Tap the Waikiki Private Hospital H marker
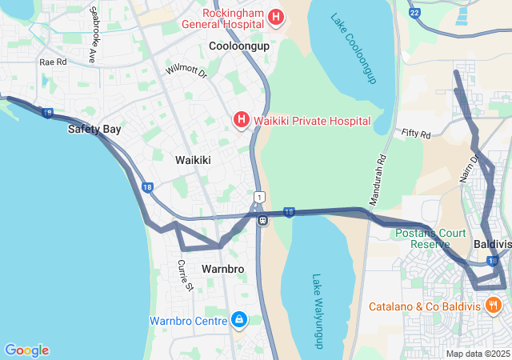pyautogui.click(x=241, y=121)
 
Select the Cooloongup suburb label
pyautogui.click(x=239, y=46)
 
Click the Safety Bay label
pyautogui.click(x=94, y=129)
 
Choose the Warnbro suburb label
pyautogui.click(x=222, y=269)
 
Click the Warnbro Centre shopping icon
pyautogui.click(x=238, y=321)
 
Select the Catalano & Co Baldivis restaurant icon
pyautogui.click(x=493, y=306)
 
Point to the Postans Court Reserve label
pyautogui.click(x=430, y=238)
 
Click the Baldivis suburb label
pyautogui.click(x=492, y=243)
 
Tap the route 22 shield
pyautogui.click(x=414, y=13)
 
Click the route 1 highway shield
pyautogui.click(x=258, y=197)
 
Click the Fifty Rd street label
pyautogui.click(x=416, y=133)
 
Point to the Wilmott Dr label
pyautogui.click(x=186, y=70)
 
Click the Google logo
pyautogui.click(x=26, y=350)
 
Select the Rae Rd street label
pyautogui.click(x=53, y=62)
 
